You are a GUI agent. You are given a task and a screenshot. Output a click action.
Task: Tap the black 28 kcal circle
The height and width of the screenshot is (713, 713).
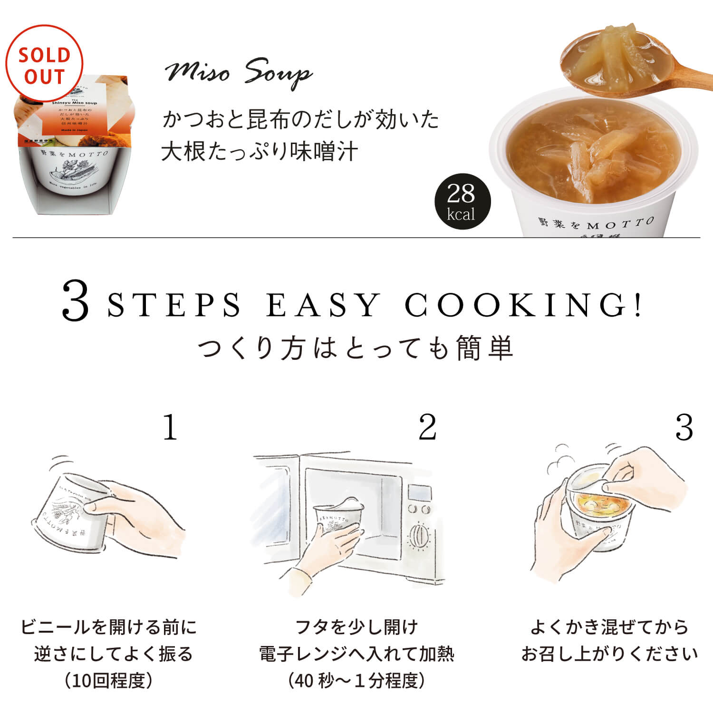(x=462, y=201)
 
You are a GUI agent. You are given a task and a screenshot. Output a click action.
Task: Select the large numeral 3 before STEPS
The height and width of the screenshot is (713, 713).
(x=76, y=301)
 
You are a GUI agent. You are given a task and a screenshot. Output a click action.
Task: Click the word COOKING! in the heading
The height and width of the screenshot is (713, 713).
(x=523, y=305)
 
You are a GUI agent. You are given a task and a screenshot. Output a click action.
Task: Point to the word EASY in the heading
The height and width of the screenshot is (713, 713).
(x=323, y=305)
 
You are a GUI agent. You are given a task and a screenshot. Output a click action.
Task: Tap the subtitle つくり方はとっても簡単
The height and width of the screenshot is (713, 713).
(x=356, y=347)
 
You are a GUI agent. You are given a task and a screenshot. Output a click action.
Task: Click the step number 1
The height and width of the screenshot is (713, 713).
(x=170, y=427)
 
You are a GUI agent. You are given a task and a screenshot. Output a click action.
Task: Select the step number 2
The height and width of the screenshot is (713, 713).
(x=427, y=427)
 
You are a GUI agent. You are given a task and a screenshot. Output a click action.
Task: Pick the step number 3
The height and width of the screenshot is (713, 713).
(x=684, y=427)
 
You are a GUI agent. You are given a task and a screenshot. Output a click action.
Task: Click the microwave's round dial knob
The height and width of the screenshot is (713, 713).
(x=419, y=536)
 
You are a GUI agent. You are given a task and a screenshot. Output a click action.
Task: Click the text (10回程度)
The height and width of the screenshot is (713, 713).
(x=109, y=681)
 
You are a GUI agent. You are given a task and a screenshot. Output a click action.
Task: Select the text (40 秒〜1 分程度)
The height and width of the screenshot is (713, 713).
(x=356, y=681)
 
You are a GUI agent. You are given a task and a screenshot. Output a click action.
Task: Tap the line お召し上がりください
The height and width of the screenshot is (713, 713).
(x=609, y=654)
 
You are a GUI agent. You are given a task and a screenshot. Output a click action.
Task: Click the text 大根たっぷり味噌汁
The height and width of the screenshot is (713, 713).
(x=260, y=152)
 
